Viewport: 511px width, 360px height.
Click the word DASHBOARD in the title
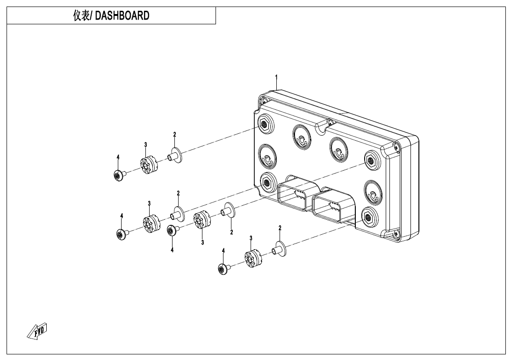122,15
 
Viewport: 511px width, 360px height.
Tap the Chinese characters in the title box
81,15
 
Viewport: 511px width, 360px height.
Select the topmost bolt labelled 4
119,175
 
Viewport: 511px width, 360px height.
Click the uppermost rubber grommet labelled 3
150,165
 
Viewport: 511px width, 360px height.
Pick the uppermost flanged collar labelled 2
175,155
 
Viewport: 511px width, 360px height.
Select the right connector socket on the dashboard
333,207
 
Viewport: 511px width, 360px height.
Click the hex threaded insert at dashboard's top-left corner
264,123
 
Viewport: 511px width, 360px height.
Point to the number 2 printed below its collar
231,232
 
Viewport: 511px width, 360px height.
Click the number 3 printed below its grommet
202,242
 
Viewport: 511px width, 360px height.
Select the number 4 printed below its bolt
172,250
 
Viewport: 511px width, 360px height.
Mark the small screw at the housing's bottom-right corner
396,233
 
